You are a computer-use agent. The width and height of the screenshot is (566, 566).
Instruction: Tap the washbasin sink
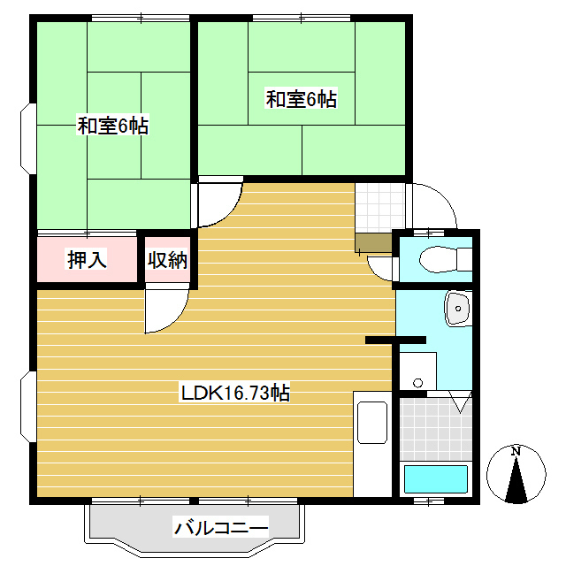pyautogui.click(x=458, y=309)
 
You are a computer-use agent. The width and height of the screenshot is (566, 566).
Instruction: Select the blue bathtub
pyautogui.click(x=435, y=479)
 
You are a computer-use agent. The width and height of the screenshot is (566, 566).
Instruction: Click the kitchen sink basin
pyautogui.click(x=371, y=423)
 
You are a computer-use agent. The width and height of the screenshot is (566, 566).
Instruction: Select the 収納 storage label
pyautogui.click(x=167, y=260)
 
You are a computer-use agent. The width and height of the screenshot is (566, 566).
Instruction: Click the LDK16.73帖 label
pyautogui.click(x=235, y=392)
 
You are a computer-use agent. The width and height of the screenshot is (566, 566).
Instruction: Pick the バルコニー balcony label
pyautogui.click(x=220, y=529)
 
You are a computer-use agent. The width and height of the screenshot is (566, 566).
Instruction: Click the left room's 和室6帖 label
pyautogui.click(x=112, y=126)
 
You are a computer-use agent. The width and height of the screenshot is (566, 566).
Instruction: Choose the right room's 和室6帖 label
pyautogui.click(x=301, y=99)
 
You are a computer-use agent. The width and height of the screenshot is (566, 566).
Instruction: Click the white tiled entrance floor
pyautogui.click(x=379, y=207)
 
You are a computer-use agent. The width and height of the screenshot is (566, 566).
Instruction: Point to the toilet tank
pyautogui.click(x=464, y=260)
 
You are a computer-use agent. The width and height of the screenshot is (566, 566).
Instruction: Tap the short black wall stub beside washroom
pyautogui.click(x=395, y=340)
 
